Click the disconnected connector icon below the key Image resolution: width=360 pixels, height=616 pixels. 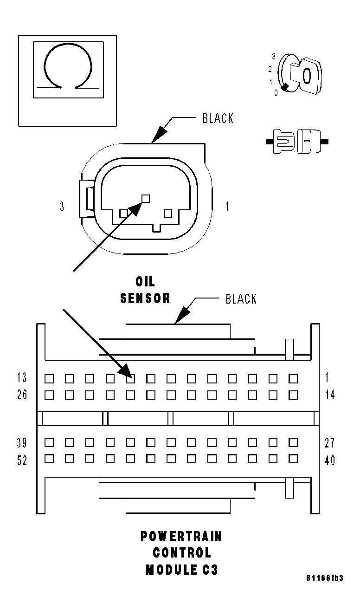297,140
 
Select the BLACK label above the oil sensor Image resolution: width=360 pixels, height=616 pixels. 218,118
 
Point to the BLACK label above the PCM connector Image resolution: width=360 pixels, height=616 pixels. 241,298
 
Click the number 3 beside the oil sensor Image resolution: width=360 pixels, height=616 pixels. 62,207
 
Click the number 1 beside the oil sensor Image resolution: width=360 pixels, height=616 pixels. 227,207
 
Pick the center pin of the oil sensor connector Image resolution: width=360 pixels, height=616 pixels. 146,198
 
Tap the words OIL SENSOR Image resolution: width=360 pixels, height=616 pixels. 145,290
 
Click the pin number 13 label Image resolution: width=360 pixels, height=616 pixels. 22,378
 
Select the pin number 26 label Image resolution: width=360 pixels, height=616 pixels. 22,395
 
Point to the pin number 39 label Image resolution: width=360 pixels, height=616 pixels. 22,442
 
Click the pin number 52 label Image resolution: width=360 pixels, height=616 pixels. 22,460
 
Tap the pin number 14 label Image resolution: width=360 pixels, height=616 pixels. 329,395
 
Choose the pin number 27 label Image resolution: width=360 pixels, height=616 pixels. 329,442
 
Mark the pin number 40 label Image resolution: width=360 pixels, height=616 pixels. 329,460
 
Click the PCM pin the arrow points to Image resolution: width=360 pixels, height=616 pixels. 131,379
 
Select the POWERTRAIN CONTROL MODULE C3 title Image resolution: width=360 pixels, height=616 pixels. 181,553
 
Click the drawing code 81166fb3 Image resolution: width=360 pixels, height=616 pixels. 324,578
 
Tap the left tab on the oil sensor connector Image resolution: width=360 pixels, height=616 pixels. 86,199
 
